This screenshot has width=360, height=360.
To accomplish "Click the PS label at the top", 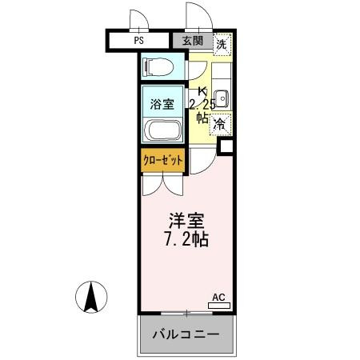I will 139,40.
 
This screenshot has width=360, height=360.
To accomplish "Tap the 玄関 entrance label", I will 192,41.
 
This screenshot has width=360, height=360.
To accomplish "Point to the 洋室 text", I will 188,219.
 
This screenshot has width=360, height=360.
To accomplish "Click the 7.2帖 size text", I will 188,239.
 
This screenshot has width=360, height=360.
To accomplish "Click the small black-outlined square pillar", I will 226,146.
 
